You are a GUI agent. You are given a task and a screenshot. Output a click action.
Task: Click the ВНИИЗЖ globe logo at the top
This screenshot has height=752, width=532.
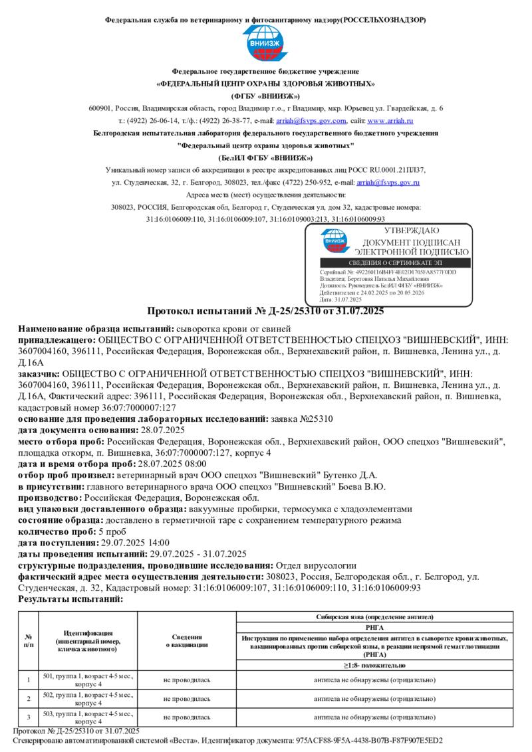[265, 43]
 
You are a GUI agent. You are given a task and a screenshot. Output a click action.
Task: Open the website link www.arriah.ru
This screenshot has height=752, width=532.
[390, 121]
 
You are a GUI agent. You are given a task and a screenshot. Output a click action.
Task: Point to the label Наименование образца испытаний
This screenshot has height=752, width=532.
[96, 329]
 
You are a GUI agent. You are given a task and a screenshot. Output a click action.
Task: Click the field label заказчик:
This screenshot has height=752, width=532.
[39, 374]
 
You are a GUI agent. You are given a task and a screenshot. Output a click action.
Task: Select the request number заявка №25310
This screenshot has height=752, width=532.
[305, 419]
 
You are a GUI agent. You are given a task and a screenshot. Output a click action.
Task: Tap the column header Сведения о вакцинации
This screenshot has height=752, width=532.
[186, 640]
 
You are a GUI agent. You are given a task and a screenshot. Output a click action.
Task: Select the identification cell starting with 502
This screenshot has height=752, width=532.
[88, 699]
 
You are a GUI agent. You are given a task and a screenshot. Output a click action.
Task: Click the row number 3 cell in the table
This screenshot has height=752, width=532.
[28, 717]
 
